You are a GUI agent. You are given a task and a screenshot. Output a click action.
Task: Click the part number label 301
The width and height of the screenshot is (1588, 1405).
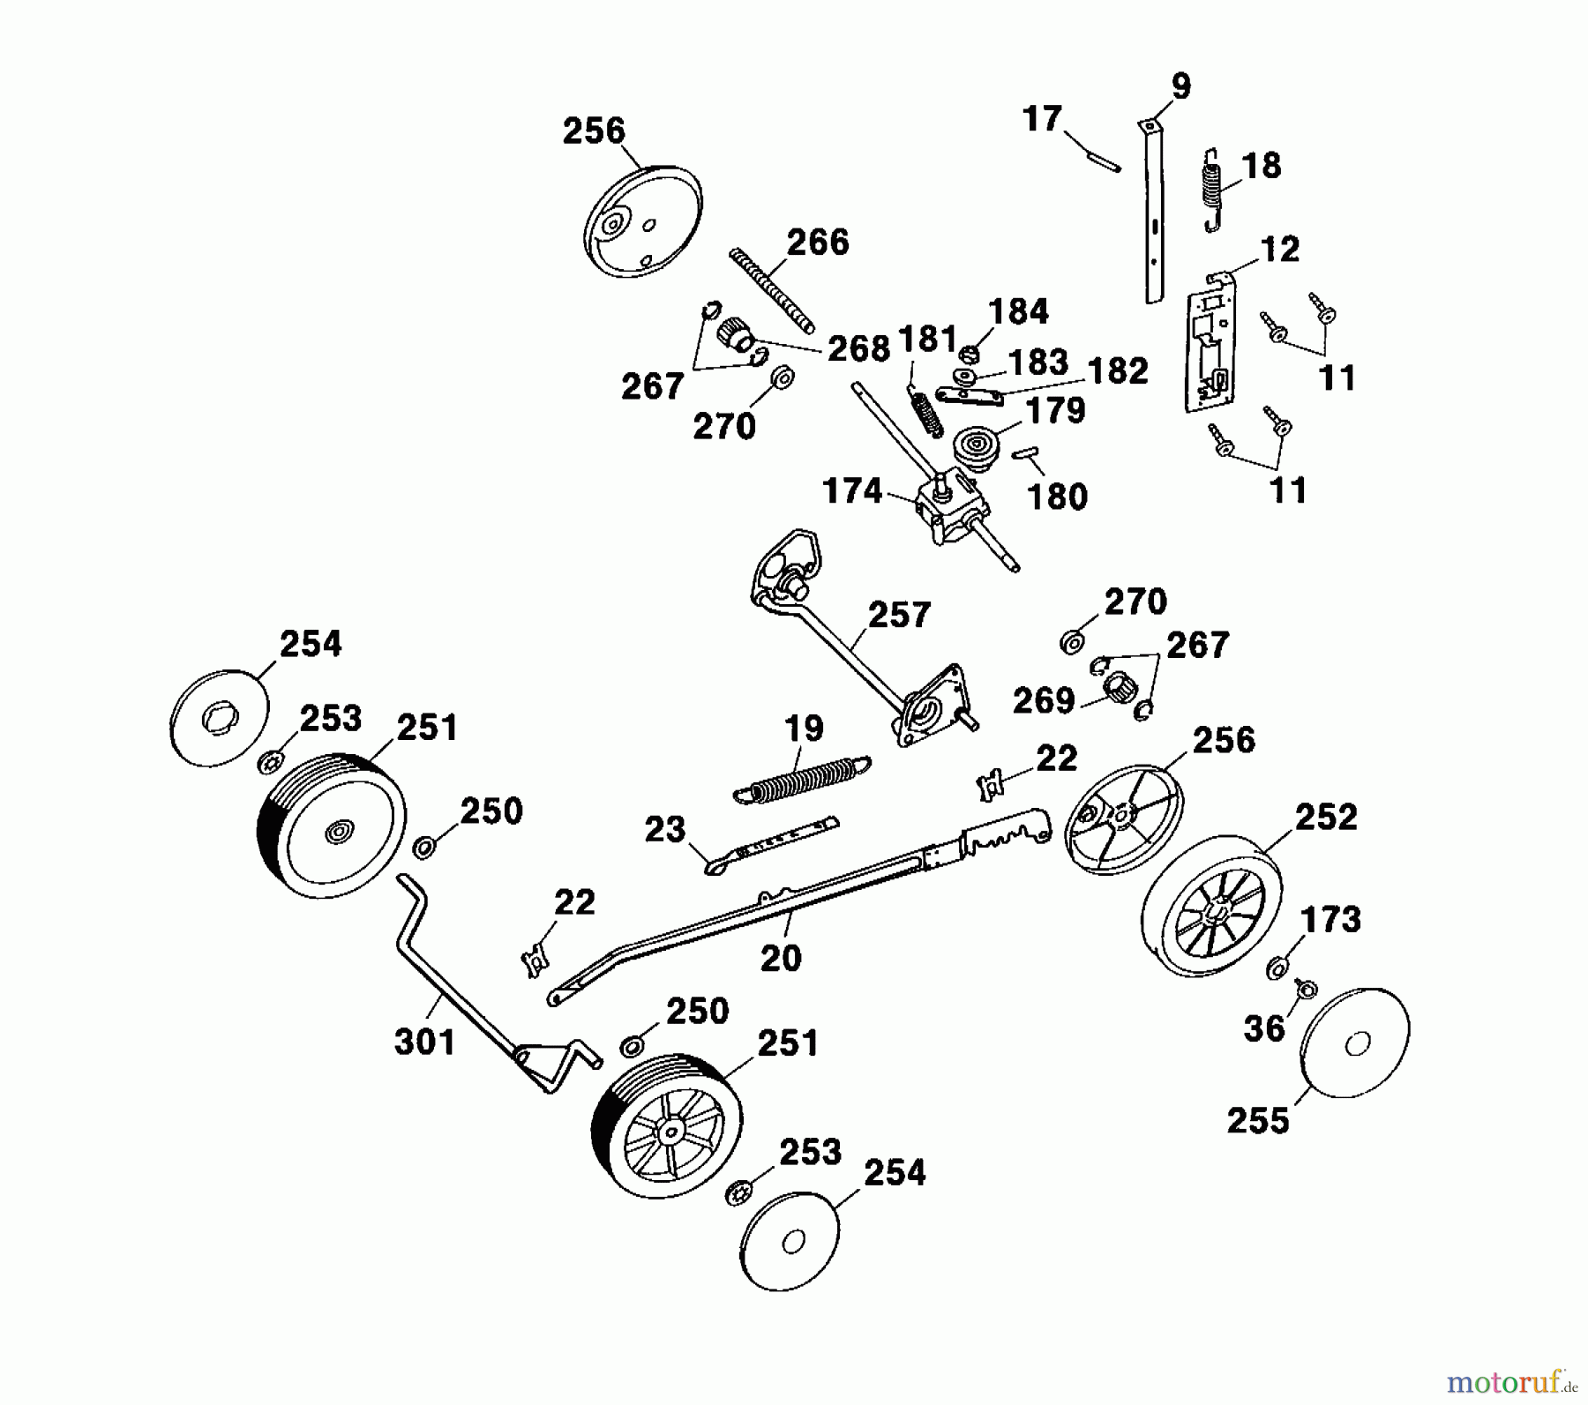424,1042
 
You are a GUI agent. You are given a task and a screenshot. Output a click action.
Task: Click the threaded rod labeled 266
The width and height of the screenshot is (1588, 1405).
772,290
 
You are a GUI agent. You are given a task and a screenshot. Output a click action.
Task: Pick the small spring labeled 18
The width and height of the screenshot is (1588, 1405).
1216,188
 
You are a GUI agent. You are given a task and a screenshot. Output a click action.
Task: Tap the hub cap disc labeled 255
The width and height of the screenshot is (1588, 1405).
1355,1043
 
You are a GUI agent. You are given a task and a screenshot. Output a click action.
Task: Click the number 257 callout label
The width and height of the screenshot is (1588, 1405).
899,615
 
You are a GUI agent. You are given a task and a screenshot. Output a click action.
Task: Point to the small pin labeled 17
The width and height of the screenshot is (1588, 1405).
1104,160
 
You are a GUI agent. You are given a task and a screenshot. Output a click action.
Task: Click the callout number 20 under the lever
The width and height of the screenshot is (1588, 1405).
781,957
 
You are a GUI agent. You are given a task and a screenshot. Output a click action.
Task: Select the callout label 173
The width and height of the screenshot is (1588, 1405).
1331,920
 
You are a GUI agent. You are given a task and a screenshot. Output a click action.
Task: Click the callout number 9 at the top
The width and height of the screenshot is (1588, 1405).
1180,86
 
